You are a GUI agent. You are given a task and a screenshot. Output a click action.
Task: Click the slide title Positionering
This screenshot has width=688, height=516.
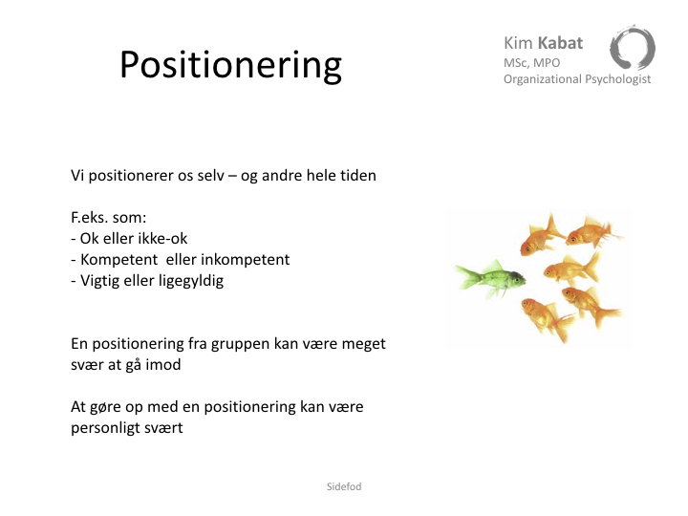tap(230, 65)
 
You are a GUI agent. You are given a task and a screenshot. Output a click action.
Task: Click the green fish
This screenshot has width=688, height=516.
tap(490, 279)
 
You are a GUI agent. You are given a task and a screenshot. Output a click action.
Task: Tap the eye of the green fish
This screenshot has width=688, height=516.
tap(517, 278)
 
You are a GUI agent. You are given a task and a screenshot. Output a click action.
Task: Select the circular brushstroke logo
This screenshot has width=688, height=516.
tap(633, 48)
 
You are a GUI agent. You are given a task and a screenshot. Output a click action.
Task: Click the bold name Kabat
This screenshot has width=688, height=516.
tap(560, 43)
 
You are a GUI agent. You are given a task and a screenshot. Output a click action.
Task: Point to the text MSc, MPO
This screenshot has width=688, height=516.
tap(532, 63)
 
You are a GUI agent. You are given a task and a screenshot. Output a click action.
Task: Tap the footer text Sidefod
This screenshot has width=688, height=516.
tap(344, 486)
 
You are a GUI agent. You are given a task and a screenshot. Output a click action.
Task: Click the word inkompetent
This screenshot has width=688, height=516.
tap(246, 259)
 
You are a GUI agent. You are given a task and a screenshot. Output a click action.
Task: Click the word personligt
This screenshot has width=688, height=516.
tap(103, 428)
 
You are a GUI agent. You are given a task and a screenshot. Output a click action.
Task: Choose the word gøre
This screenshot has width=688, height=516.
tap(105, 407)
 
